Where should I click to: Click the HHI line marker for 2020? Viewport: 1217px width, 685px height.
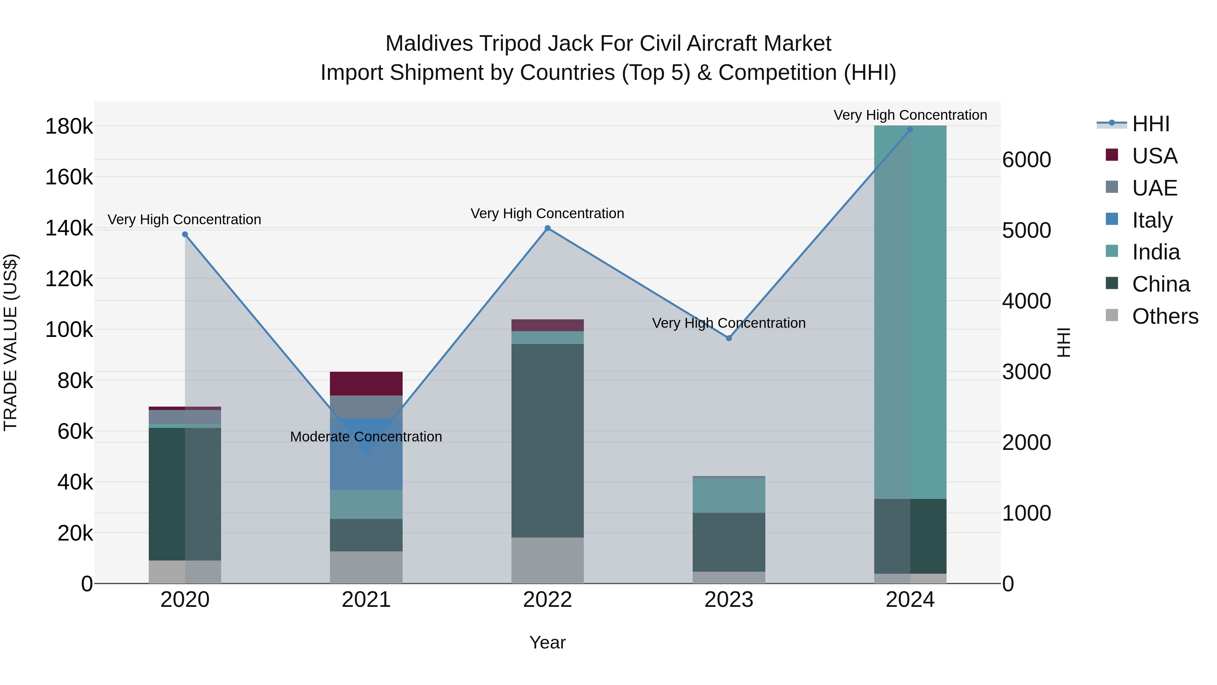coord(185,234)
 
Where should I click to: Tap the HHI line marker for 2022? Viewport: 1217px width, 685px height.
coord(548,228)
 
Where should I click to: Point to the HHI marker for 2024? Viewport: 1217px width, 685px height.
coord(910,130)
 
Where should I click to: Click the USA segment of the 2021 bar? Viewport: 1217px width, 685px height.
coord(366,383)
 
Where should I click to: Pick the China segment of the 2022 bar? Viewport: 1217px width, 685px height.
coord(548,440)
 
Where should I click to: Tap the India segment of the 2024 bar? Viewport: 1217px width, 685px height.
coord(910,312)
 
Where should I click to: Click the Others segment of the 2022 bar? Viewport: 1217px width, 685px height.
coord(548,560)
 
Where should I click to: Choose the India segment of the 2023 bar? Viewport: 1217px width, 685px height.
coord(729,496)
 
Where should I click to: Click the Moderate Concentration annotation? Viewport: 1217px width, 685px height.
coord(366,437)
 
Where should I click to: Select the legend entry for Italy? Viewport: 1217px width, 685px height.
coord(1152,220)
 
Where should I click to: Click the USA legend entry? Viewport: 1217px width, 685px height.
coord(1154,156)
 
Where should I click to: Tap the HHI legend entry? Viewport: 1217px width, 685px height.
coord(1150,124)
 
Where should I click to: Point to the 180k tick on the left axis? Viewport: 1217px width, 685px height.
coord(69,127)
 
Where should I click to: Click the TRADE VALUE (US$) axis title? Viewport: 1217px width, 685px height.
coord(10,342)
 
